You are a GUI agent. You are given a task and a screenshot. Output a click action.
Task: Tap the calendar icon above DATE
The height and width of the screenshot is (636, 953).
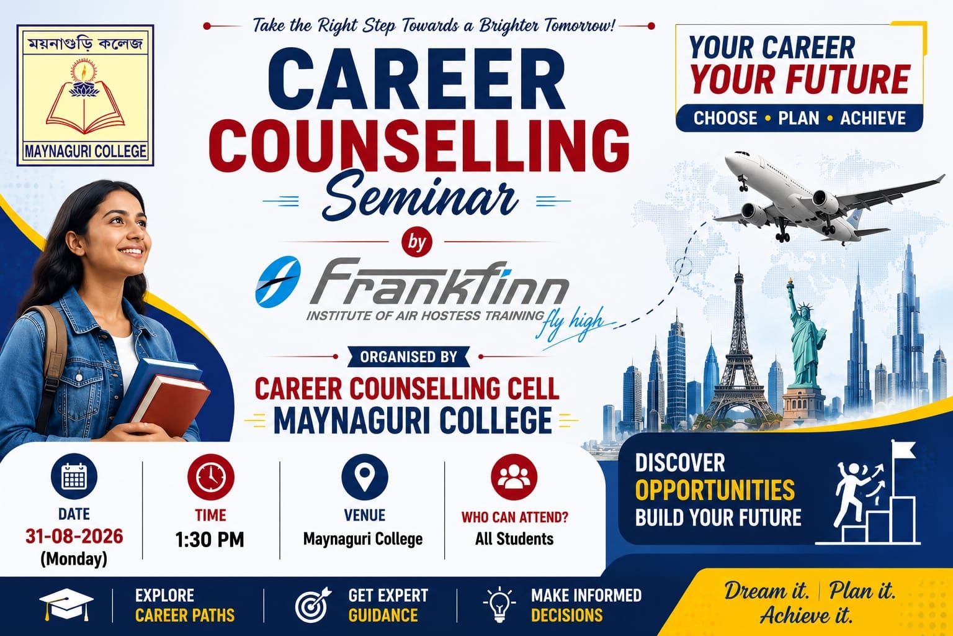74,476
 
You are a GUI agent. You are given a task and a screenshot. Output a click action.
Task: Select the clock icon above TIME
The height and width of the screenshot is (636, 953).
210,476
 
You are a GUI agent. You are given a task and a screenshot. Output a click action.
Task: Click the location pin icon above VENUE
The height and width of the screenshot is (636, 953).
365,476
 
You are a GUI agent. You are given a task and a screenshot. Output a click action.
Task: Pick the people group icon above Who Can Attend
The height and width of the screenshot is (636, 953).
514,476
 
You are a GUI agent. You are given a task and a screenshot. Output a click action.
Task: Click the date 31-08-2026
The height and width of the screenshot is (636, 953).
74,537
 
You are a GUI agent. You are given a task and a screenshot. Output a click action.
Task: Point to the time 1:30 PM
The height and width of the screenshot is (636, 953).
210,540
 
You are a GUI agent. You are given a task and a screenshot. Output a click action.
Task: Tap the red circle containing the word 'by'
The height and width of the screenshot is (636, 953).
416,242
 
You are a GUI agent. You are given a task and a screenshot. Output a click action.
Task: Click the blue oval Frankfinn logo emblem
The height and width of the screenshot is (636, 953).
278,281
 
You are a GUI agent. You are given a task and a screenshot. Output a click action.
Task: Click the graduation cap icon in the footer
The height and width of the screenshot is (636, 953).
66,604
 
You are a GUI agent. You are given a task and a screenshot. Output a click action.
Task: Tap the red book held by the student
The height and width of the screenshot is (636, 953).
170,405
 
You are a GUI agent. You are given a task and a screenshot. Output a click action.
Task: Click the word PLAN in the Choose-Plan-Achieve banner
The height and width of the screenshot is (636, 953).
799,118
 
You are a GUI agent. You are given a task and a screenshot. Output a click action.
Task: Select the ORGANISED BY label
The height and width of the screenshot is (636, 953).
408,357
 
